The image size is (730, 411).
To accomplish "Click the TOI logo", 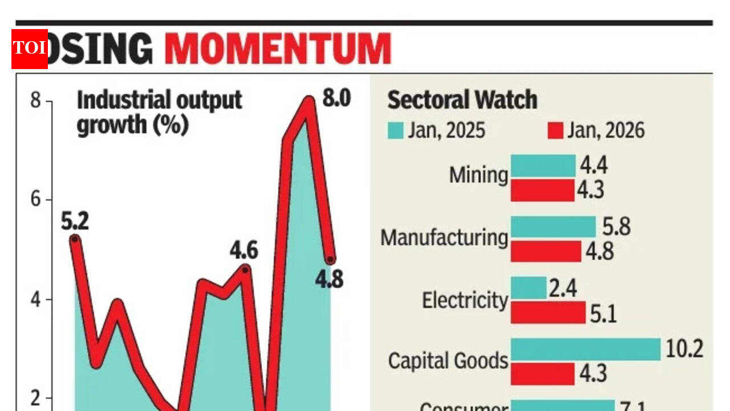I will pos(30,49).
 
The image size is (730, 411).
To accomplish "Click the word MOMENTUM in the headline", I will pos(278,49).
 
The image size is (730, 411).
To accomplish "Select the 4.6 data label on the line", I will pos(244,251).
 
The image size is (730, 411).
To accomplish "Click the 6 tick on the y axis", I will pos(36,199).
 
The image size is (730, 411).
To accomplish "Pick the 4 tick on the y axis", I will pos(36,299).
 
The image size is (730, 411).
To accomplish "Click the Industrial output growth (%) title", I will pos(159,112).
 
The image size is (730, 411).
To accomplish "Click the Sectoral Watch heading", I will pos(462,100).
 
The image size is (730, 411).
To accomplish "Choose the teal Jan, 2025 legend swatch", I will pos(395,131).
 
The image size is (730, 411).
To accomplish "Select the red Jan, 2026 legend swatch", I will pos(555,131).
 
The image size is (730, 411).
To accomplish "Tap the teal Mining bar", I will pos(543,166).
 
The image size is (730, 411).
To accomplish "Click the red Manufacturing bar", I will pos(546,251).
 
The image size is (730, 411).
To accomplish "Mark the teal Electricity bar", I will pos(528,288).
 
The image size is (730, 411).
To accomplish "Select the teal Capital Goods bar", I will pos(585,349).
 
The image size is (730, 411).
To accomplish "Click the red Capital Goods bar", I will pos(542,374).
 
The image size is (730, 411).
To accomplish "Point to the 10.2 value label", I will pos(684,349).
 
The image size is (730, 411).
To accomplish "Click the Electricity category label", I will pos(465,300).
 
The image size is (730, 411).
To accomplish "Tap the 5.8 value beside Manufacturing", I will pos(617,227).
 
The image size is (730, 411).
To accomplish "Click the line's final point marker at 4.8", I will pos(330,260).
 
